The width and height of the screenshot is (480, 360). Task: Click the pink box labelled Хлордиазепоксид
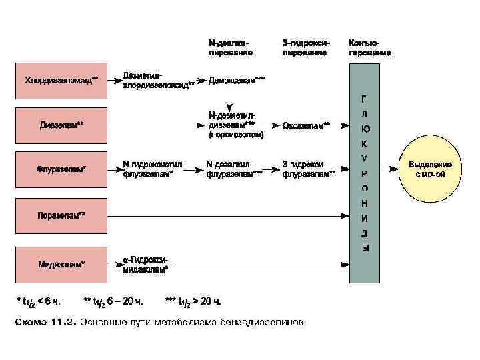pos(61,81)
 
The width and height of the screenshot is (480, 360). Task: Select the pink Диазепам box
pos(61,125)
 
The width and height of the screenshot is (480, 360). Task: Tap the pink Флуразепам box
pos(61,169)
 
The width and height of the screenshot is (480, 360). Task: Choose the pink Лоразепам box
pos(61,215)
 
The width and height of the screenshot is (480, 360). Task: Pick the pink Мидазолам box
pos(61,265)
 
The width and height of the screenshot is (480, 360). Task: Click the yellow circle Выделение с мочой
pos(430,169)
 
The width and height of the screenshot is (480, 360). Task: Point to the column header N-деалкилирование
pos(230,47)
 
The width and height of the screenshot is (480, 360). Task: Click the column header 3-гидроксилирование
pos(304,47)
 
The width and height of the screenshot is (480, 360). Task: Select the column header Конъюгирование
pos(369,47)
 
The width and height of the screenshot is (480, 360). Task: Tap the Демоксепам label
pos(236,80)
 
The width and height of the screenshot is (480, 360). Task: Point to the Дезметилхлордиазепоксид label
pos(157,80)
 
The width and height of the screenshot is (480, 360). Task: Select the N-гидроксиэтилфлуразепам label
pos(153,169)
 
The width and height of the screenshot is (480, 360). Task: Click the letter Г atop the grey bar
pos(364,97)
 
